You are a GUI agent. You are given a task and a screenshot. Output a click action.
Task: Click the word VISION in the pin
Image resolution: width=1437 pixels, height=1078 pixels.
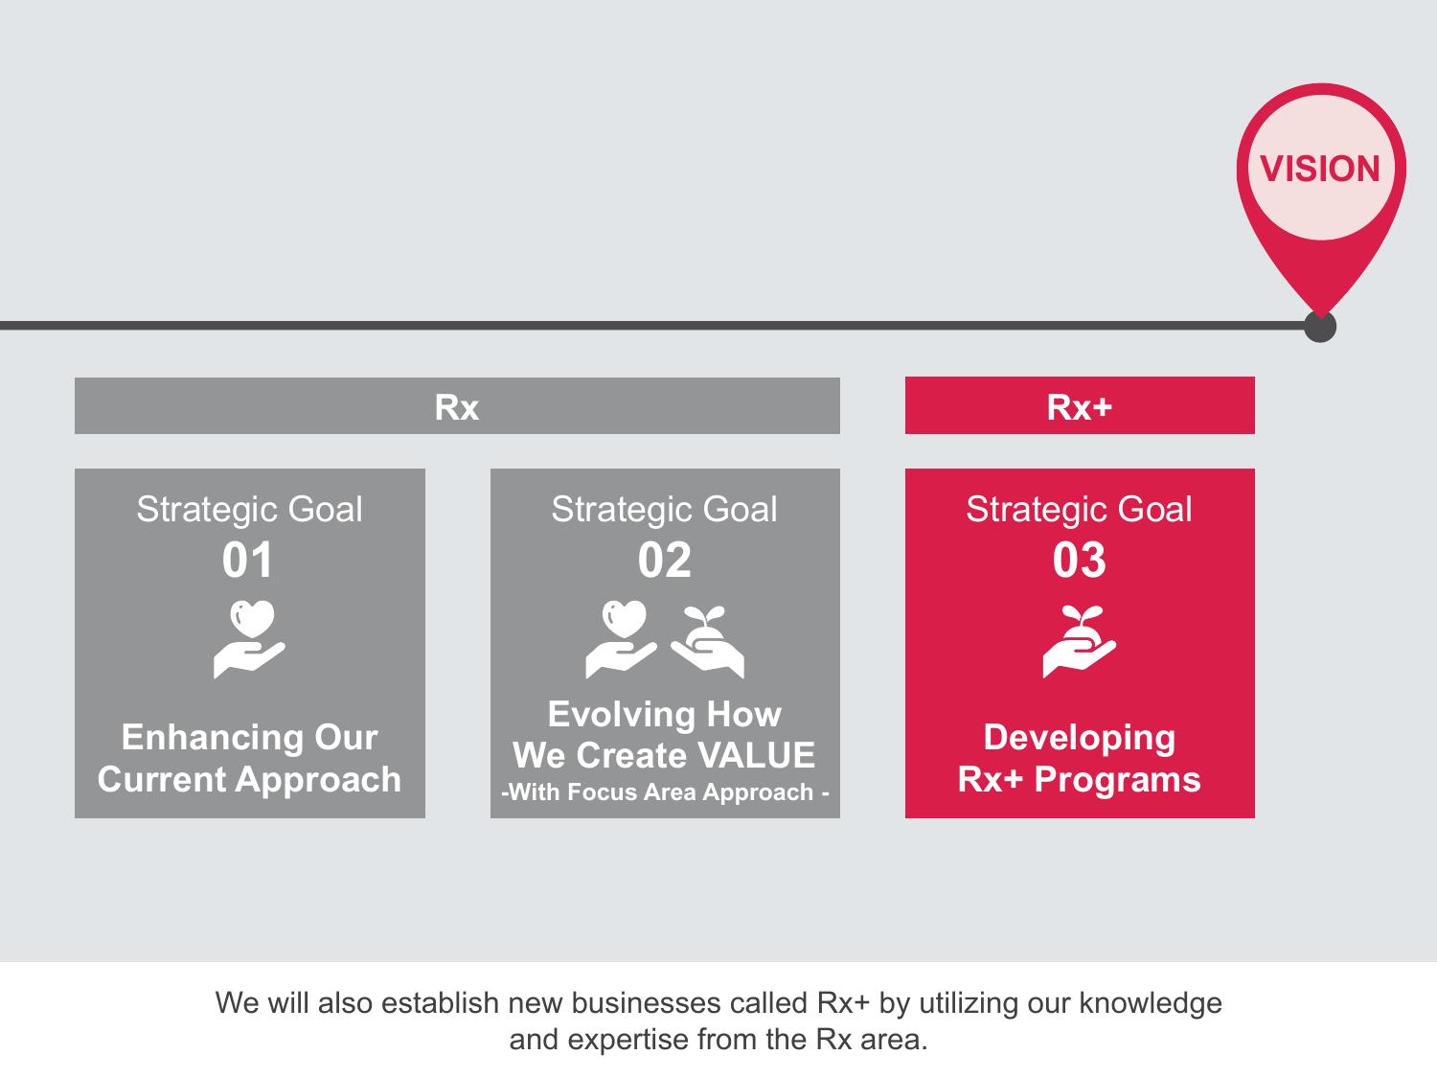1320,169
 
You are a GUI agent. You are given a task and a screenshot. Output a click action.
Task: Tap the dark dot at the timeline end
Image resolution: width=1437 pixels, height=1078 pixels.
1320,326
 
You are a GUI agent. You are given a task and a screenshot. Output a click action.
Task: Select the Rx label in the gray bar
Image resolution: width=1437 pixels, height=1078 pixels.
457,407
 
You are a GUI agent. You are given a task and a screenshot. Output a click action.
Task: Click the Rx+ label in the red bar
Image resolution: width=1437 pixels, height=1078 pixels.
1080,407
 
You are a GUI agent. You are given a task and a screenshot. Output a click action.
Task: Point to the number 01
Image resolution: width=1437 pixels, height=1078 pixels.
247,561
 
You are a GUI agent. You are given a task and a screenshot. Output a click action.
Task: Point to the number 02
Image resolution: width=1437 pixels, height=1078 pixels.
665,561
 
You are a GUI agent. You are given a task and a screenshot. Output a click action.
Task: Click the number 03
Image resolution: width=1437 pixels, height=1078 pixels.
1080,561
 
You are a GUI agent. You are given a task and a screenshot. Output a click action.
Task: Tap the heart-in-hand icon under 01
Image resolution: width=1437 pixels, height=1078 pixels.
249,639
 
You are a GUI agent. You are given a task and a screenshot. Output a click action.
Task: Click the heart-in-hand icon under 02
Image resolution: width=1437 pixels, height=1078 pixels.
622,639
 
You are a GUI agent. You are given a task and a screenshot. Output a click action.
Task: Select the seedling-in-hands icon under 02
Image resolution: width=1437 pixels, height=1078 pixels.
707,641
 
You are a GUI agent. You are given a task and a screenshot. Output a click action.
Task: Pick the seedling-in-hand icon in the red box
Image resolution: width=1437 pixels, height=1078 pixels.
1080,641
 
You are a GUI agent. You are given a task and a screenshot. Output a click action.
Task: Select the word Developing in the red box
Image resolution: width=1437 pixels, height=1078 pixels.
1080,739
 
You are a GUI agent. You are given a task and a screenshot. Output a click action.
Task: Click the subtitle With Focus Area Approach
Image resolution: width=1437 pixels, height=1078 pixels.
665,792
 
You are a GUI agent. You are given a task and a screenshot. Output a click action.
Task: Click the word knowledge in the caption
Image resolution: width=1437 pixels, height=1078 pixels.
1151,1004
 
